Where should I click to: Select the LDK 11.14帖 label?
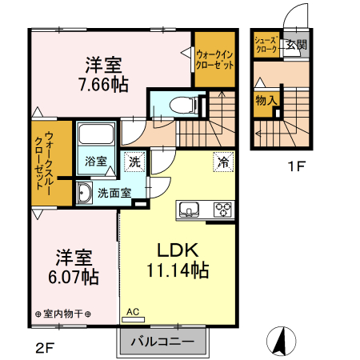point(177,260)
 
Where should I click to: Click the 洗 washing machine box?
point(134,161)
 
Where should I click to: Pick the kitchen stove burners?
point(222,210)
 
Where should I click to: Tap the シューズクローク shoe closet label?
point(266,44)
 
